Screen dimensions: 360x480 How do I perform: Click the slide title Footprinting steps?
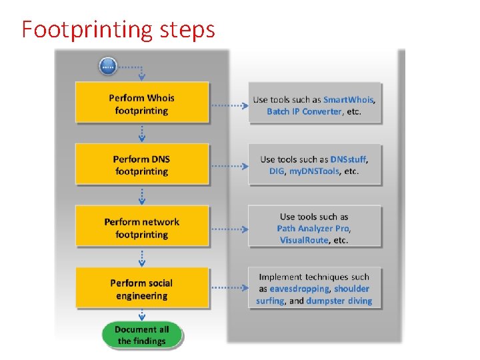(x=118, y=29)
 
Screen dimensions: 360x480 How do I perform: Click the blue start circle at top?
(x=108, y=66)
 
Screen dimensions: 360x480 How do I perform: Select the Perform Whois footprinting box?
(x=142, y=104)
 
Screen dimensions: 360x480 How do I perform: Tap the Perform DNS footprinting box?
(x=142, y=165)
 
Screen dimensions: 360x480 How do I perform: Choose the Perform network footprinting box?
(x=142, y=228)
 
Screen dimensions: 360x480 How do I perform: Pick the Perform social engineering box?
(x=142, y=289)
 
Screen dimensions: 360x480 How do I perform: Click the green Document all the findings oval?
(x=141, y=335)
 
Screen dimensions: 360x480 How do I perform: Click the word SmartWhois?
(x=349, y=100)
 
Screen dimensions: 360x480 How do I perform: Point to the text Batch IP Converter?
(x=304, y=111)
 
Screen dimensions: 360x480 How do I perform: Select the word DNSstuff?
(x=348, y=159)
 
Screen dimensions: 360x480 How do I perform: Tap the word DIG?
(x=277, y=171)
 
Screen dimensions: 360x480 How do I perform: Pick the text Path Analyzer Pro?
(x=313, y=229)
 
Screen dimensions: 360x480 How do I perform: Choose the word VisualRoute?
(x=304, y=240)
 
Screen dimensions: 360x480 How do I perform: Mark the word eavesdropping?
(x=299, y=289)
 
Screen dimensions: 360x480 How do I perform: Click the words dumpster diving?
(x=339, y=301)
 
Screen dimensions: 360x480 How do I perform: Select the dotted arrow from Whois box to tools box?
(x=229, y=105)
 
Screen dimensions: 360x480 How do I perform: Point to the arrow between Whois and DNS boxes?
(x=142, y=133)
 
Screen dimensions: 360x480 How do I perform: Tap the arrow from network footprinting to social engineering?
(x=142, y=257)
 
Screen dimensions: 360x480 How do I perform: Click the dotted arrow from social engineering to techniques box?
(x=229, y=289)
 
